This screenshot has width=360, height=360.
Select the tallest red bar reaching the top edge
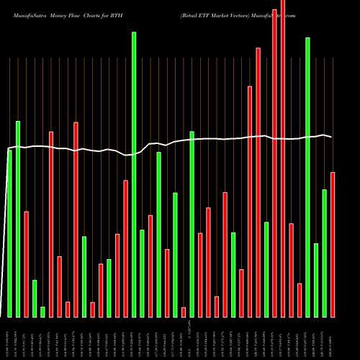pyautogui.click(x=283, y=158)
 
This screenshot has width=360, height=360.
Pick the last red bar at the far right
pyautogui.click(x=333, y=245)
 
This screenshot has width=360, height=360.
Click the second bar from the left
pyautogui.click(x=18, y=219)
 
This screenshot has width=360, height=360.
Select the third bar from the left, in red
pyautogui.click(x=26, y=264)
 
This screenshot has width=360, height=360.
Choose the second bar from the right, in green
pyautogui.click(x=324, y=253)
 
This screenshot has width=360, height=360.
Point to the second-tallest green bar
pyautogui.click(x=307, y=177)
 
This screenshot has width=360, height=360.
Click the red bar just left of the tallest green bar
pyautogui.click(x=126, y=248)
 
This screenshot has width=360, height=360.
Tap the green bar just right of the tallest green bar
pyautogui.click(x=143, y=273)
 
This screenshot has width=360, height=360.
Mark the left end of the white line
pyautogui.click(x=8, y=150)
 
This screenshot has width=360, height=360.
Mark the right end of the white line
pyautogui.click(x=332, y=137)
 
